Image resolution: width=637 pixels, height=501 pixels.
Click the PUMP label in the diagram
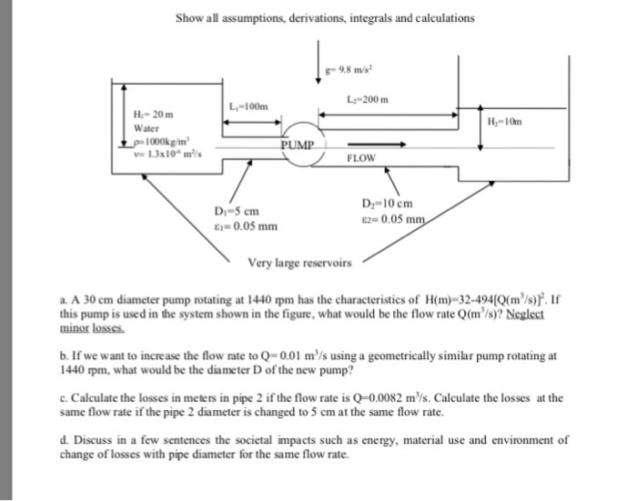(297, 145)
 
